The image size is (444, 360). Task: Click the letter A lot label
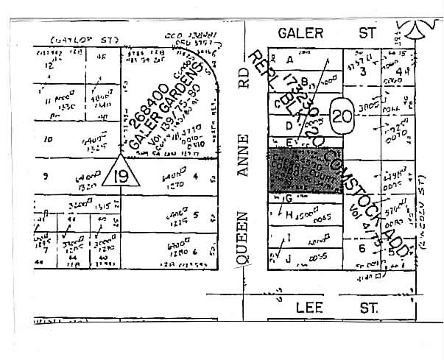click(289, 59)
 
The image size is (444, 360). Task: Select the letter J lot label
click(289, 256)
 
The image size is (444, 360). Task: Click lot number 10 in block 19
click(49, 138)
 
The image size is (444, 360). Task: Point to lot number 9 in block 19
click(46, 176)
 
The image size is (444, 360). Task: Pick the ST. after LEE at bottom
click(371, 308)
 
